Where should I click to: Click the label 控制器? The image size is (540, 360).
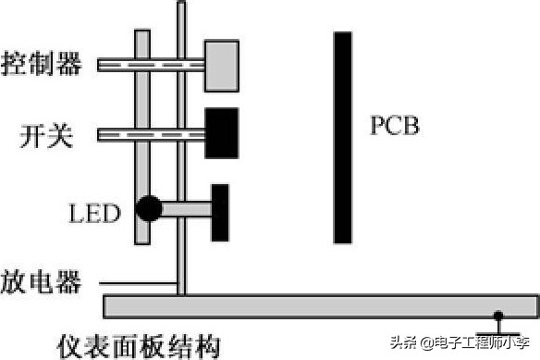42,64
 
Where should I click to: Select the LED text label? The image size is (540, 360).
95,215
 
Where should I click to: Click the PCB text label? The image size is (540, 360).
395,125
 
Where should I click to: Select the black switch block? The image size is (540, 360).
221,133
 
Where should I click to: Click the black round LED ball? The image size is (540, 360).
148,209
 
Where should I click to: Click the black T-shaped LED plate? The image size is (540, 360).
220,211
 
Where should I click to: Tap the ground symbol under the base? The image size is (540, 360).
498,325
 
